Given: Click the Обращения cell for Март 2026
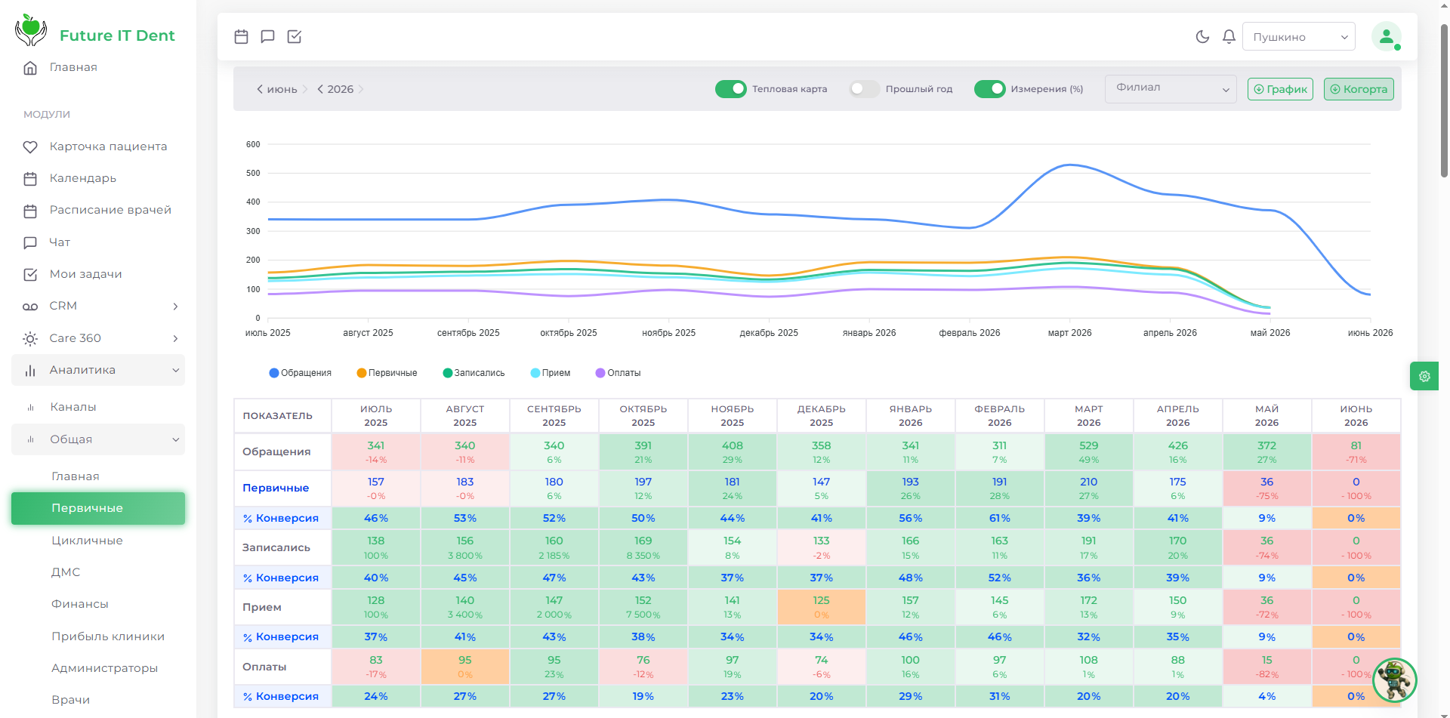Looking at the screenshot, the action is tap(1088, 451).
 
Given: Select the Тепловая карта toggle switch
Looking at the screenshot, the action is tap(730, 89).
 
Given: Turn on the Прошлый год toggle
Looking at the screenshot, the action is tap(864, 89).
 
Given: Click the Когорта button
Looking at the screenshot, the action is tap(1359, 89).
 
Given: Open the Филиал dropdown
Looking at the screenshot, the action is tap(1171, 88).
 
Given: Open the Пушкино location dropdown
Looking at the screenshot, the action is tap(1299, 36).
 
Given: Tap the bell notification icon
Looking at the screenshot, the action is tap(1229, 36).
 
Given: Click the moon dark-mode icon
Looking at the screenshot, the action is tap(1202, 36).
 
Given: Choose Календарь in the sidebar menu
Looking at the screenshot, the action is tap(83, 178).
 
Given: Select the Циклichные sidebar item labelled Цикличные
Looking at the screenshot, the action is tap(87, 541).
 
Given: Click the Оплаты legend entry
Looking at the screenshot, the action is tap(618, 373).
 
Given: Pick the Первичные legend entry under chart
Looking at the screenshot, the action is tap(387, 373).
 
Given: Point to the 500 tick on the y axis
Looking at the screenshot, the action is tap(253, 173).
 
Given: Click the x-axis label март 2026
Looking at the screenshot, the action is tap(1069, 333).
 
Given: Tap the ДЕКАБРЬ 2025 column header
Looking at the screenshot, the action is tap(821, 415).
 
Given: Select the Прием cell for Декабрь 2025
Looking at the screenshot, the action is tap(821, 607).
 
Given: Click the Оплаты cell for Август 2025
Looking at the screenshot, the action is tap(464, 667).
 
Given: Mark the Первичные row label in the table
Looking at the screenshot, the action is tap(276, 488).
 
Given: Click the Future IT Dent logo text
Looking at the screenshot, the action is tap(117, 35).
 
